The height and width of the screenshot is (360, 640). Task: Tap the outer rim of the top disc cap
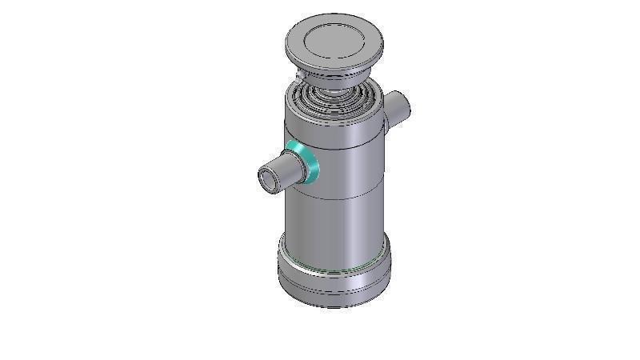(x=333, y=66)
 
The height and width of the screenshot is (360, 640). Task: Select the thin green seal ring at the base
(x=336, y=270)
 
